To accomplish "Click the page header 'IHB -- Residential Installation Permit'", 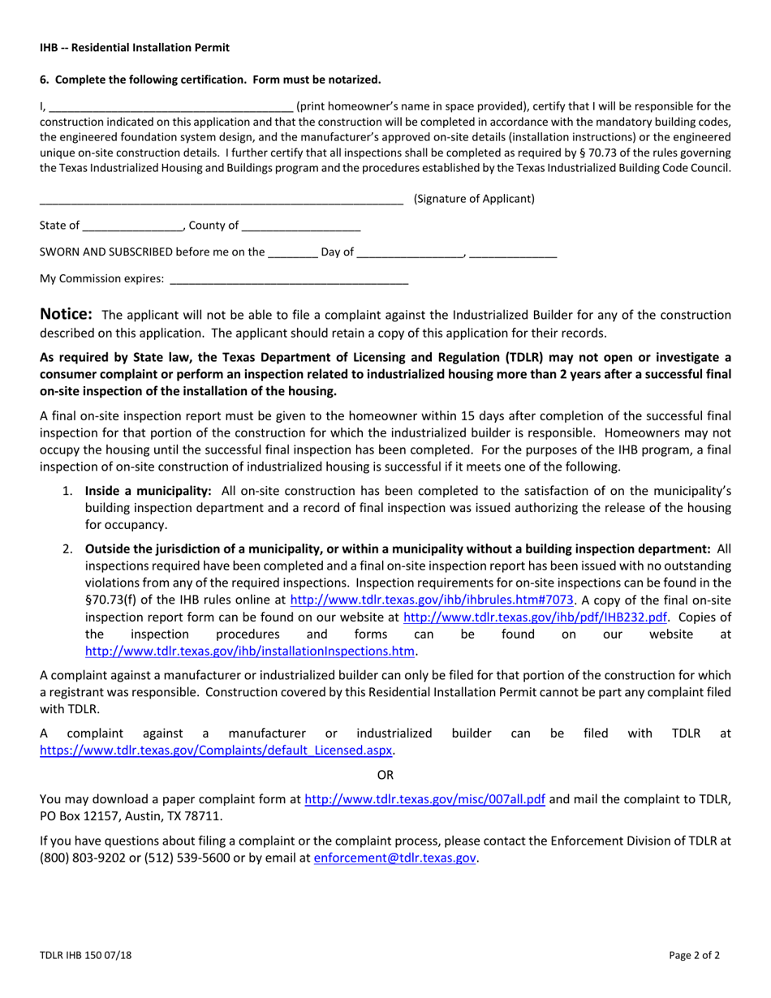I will point(135,48).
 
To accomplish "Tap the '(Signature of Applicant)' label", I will point(473,199).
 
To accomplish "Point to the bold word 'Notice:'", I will point(67,315).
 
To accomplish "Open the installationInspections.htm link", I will point(250,651).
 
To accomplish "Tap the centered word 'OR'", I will point(385,775).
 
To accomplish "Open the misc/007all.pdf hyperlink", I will point(424,799).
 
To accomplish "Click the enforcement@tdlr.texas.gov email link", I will point(394,857).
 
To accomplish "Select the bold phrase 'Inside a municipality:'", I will point(149,491).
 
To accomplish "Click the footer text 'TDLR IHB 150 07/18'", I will point(85,955).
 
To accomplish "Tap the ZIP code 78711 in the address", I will point(205,816).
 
